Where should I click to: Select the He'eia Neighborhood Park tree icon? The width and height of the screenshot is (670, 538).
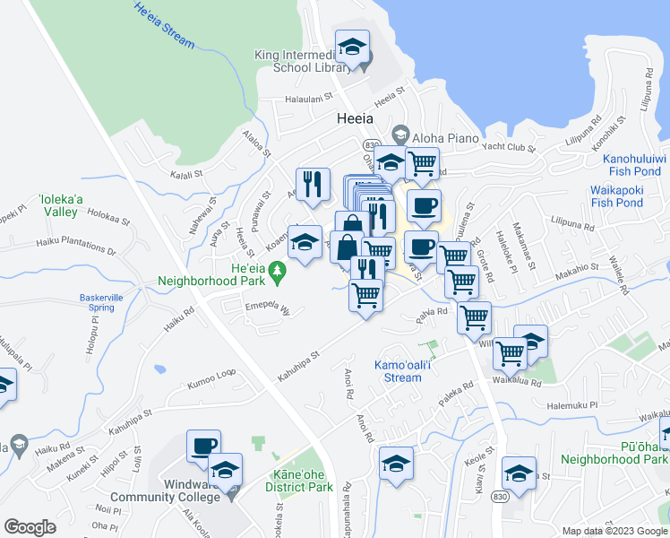click(x=278, y=268)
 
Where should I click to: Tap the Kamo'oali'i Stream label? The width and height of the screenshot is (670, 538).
click(x=397, y=371)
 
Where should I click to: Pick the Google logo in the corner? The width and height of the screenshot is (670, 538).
click(x=30, y=526)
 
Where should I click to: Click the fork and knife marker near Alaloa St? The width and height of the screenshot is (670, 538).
click(x=313, y=184)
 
